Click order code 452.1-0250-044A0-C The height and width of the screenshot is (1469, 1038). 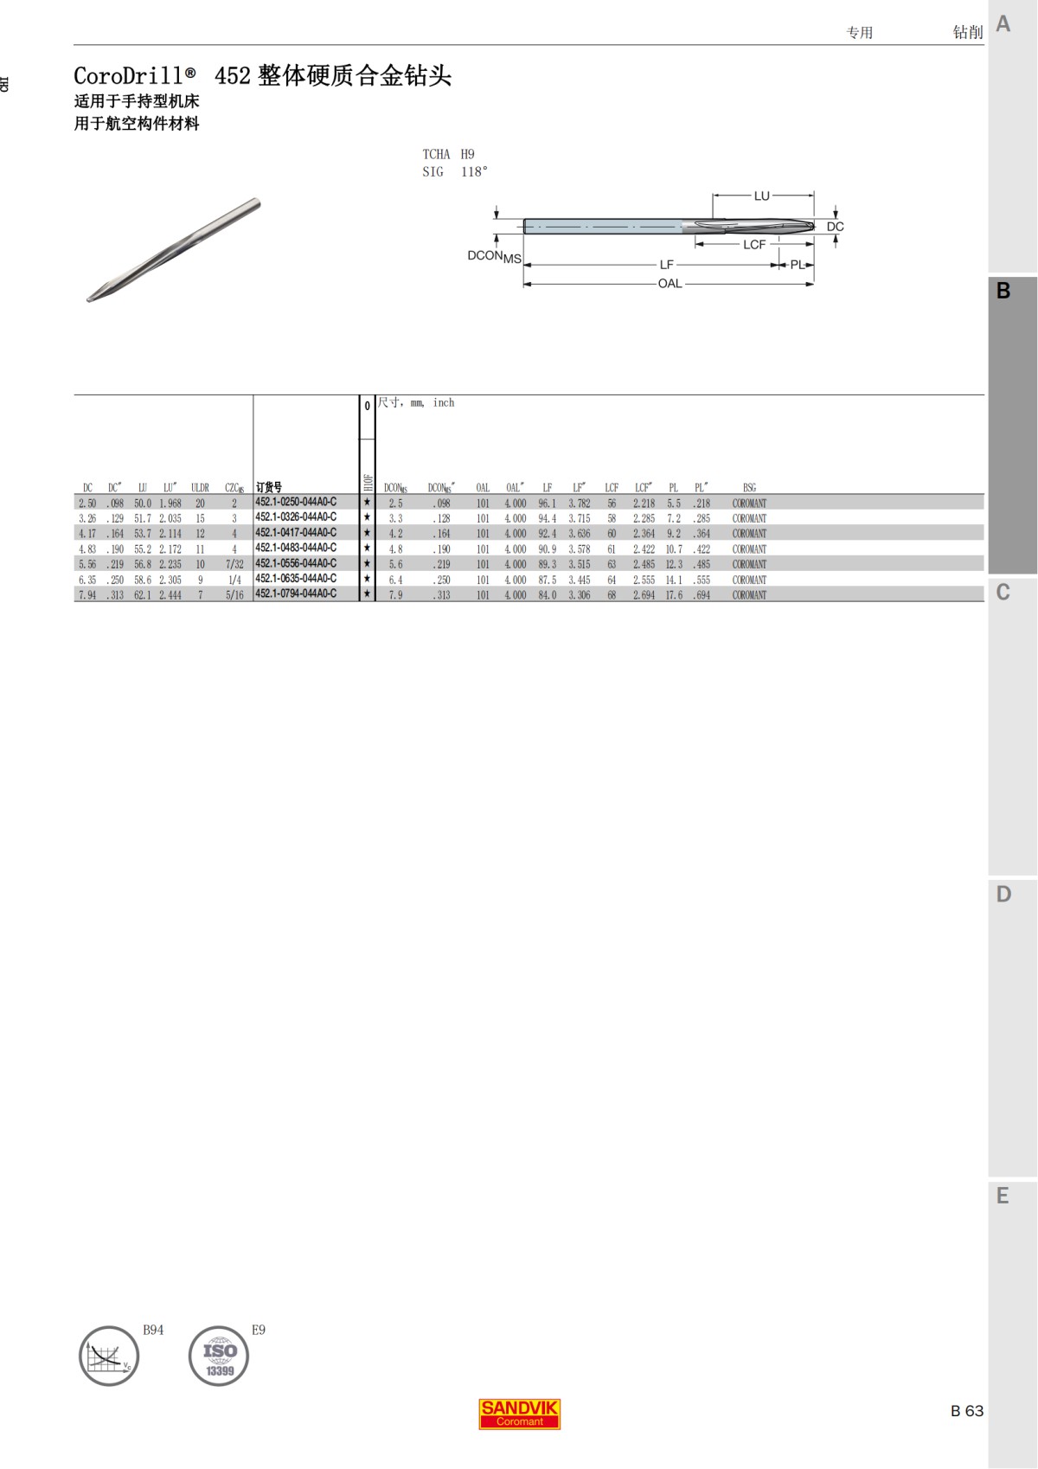pyautogui.click(x=296, y=502)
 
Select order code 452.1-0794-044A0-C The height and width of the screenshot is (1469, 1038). pyautogui.click(x=296, y=593)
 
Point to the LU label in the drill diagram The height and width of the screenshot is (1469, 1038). pyautogui.click(x=761, y=196)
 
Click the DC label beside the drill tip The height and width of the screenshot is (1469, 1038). pyautogui.click(x=835, y=227)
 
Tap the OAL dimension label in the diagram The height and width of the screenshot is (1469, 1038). pyautogui.click(x=670, y=284)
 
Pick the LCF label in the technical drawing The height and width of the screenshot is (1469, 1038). pyautogui.click(x=754, y=245)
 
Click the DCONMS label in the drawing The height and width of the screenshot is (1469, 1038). pyautogui.click(x=494, y=256)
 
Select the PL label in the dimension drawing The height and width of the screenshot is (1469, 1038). pyautogui.click(x=798, y=265)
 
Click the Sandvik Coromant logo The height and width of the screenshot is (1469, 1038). pyautogui.click(x=520, y=1414)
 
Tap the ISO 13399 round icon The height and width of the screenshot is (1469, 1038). pyautogui.click(x=219, y=1356)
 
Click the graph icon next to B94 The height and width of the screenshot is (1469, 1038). pyautogui.click(x=109, y=1356)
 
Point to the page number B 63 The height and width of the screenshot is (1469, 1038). pyautogui.click(x=966, y=1411)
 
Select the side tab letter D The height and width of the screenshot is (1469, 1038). pyautogui.click(x=1003, y=895)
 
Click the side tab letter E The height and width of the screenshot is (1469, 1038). pyautogui.click(x=1003, y=1196)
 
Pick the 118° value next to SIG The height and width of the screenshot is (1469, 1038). pyautogui.click(x=474, y=172)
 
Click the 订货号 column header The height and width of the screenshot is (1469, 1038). pyautogui.click(x=269, y=488)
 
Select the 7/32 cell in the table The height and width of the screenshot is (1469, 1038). pyautogui.click(x=234, y=564)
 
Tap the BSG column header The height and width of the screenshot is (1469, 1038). pyautogui.click(x=749, y=488)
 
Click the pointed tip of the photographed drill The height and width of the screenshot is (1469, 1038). pyautogui.click(x=89, y=299)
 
